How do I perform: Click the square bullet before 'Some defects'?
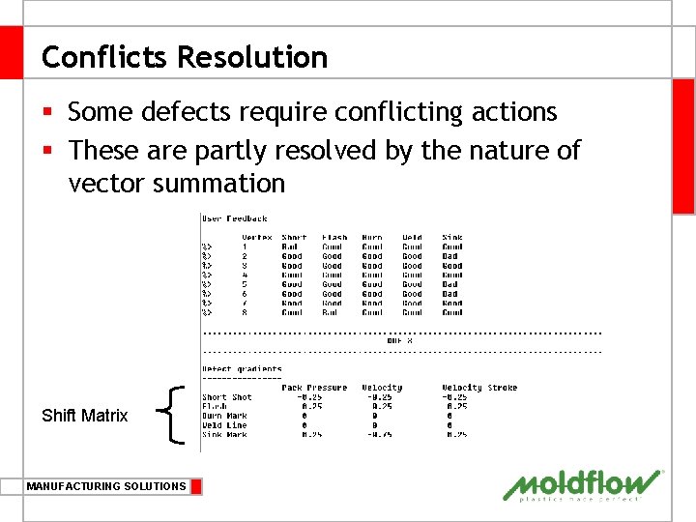49,113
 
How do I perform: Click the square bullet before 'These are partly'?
49,151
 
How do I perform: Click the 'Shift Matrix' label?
84,416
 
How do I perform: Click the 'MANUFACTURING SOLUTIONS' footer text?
106,486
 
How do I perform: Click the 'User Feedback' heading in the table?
234,218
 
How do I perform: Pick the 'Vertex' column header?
256,237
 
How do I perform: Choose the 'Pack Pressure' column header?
314,388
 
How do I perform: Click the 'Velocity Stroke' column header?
479,388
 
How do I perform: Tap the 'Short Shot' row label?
227,397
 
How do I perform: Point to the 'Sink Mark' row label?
224,435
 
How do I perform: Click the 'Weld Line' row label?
224,425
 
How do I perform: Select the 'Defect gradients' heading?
242,369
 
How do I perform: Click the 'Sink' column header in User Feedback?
451,237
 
